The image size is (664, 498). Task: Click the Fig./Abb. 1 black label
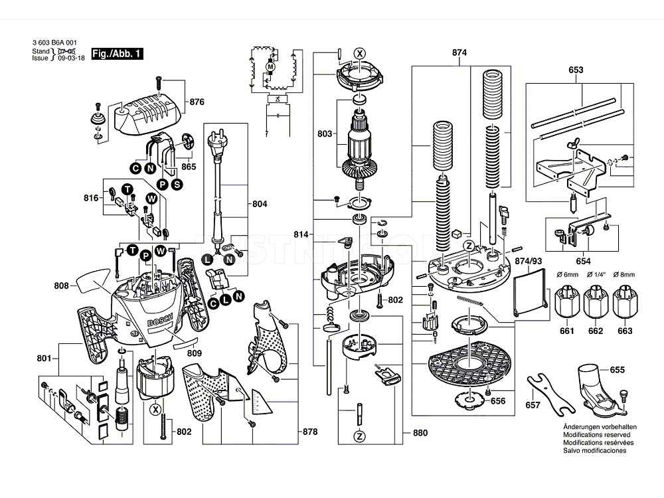pyautogui.click(x=118, y=53)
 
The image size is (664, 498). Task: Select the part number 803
pyautogui.click(x=325, y=134)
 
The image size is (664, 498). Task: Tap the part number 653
pyautogui.click(x=576, y=70)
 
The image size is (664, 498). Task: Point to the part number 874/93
pyautogui.click(x=528, y=262)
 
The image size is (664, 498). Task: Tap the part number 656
pyautogui.click(x=497, y=401)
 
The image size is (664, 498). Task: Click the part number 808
pyautogui.click(x=62, y=286)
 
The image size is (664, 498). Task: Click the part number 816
pyautogui.click(x=91, y=198)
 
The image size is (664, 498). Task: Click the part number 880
pyautogui.click(x=420, y=433)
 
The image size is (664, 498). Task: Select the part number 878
pyautogui.click(x=309, y=432)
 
